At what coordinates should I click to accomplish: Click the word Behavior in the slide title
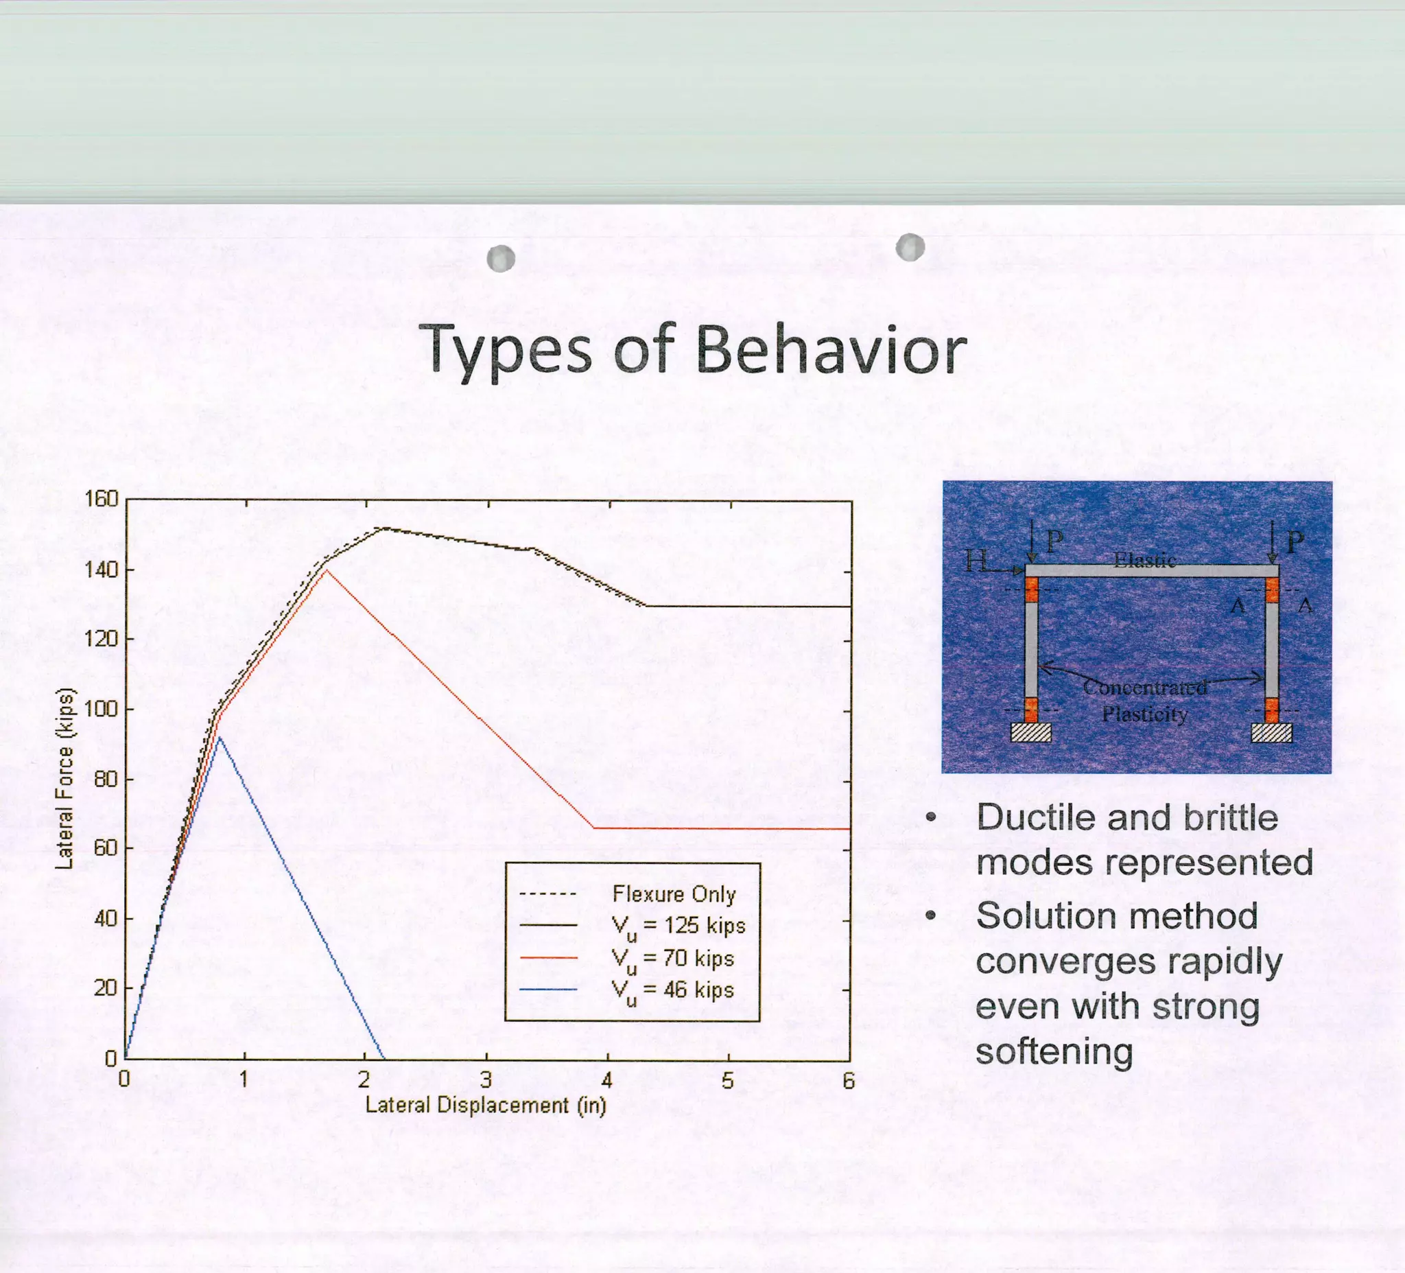(831, 349)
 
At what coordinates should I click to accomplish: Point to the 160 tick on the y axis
(101, 500)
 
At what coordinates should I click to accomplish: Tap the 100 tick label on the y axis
(101, 710)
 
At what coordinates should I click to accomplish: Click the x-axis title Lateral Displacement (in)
(486, 1106)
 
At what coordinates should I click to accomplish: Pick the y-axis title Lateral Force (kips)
(64, 778)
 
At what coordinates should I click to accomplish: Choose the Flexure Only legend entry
(673, 894)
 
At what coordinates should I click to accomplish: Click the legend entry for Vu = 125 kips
(677, 926)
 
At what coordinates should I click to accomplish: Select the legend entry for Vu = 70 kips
(672, 959)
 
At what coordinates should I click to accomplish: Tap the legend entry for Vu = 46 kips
(672, 991)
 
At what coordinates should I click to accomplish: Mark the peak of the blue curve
(219, 737)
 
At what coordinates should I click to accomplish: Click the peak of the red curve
(325, 570)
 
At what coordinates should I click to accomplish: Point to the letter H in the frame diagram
(976, 560)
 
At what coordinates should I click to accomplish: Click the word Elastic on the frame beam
(1144, 560)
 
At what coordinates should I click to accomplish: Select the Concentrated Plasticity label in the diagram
(1145, 701)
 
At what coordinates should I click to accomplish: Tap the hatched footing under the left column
(1030, 732)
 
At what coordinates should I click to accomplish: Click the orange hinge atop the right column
(1272, 589)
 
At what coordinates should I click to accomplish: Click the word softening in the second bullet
(1054, 1051)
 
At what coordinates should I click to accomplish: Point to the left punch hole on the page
(501, 259)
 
